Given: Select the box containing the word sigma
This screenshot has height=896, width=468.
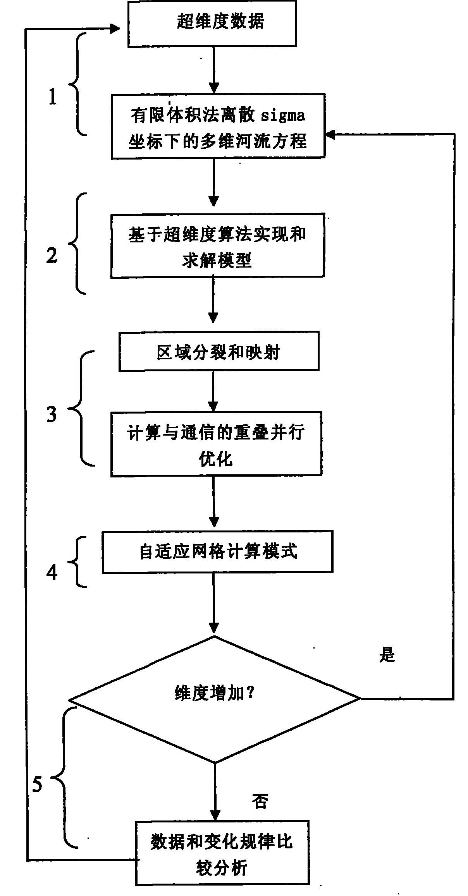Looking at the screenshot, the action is [x=218, y=126].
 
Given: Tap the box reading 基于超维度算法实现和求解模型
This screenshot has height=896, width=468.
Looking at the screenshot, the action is [x=217, y=245].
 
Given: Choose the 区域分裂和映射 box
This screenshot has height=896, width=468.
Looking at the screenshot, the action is [x=219, y=351].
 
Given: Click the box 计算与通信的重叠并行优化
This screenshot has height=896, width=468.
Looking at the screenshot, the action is [x=216, y=444].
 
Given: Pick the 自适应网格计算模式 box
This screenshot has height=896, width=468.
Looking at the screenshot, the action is [x=217, y=552].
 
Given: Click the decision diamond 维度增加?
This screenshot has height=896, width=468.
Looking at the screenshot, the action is [x=215, y=699].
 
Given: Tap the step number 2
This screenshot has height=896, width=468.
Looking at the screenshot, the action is [x=52, y=256].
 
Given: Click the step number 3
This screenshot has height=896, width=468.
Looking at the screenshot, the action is [x=52, y=414].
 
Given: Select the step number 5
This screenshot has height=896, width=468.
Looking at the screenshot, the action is [x=37, y=785].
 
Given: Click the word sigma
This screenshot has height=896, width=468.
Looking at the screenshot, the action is [x=283, y=116].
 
